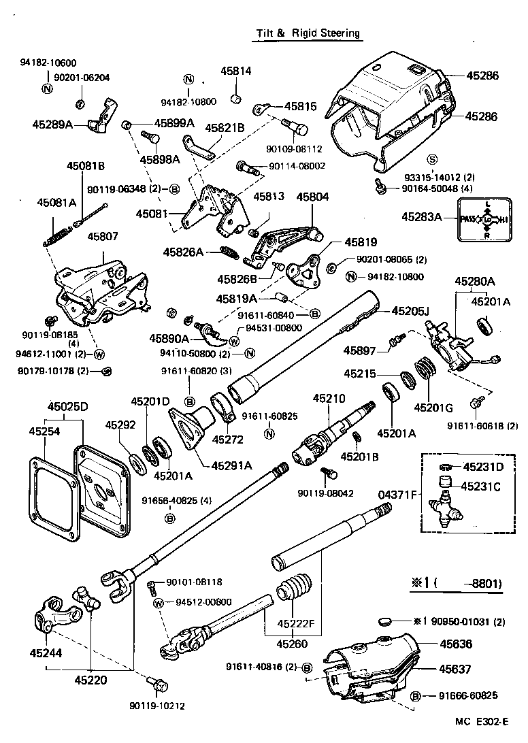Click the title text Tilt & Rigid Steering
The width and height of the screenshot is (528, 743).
(308, 33)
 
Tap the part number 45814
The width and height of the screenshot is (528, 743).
(235, 71)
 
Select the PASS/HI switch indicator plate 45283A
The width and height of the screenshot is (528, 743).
(483, 220)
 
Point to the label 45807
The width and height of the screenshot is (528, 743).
(102, 237)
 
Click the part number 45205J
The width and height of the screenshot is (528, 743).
(412, 311)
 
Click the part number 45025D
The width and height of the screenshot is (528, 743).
(67, 407)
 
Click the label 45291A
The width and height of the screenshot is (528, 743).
(231, 466)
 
